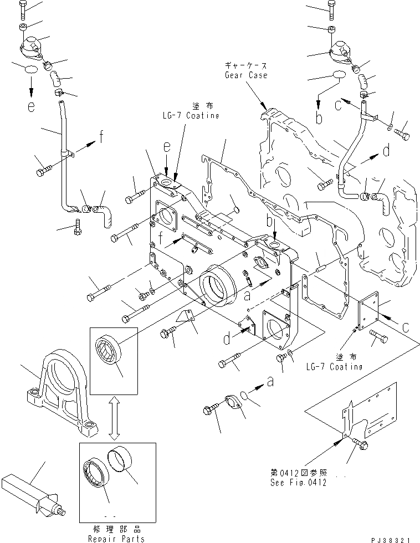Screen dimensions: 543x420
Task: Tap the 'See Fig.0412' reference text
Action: click(299, 482)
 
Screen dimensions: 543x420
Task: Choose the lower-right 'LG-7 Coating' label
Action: click(334, 366)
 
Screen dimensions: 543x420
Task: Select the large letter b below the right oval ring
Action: click(319, 117)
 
